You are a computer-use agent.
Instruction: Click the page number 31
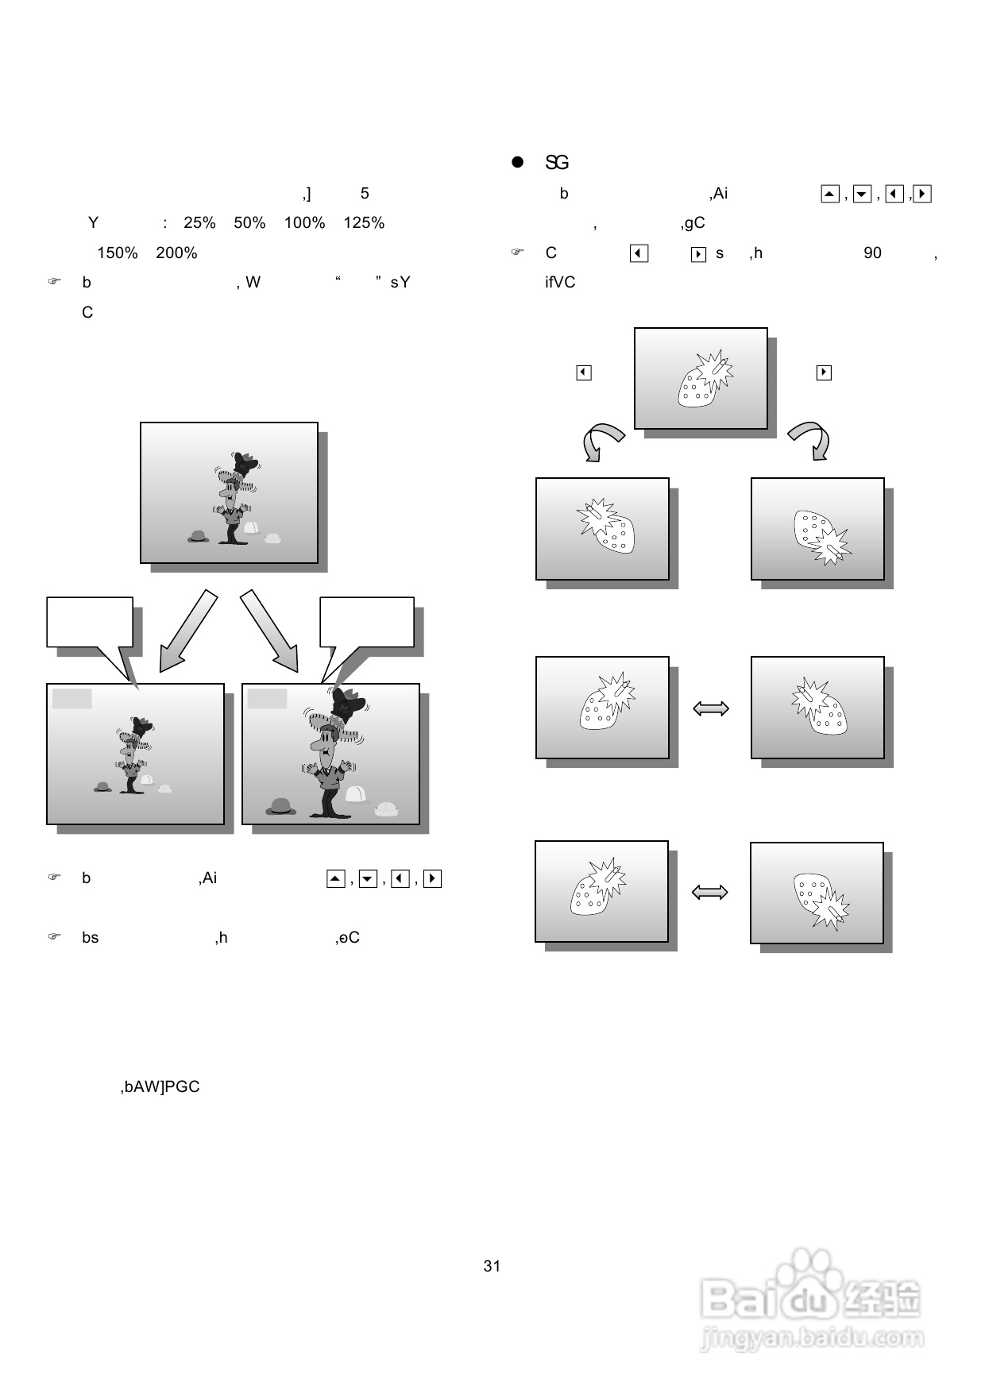(492, 1267)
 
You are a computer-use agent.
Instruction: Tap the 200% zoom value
(176, 253)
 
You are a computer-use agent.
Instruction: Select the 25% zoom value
(199, 223)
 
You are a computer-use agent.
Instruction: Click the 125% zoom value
(364, 223)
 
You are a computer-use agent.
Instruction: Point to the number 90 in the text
(872, 253)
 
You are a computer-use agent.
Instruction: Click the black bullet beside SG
(518, 162)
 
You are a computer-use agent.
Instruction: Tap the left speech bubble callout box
(90, 623)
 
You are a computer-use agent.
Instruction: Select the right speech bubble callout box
(366, 623)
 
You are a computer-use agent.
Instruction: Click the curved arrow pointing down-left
(601, 442)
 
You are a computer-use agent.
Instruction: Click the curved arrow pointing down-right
(812, 441)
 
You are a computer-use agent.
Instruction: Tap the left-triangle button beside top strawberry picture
(584, 372)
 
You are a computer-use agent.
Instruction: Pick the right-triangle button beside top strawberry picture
(824, 372)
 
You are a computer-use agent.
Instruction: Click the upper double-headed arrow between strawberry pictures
(711, 708)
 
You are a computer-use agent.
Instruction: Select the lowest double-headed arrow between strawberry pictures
(710, 893)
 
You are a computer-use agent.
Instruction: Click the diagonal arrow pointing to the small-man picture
(187, 631)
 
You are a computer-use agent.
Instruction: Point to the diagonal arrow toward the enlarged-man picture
(270, 631)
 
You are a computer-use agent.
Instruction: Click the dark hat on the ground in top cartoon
(199, 537)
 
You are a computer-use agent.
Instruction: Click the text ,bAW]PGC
(160, 1087)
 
